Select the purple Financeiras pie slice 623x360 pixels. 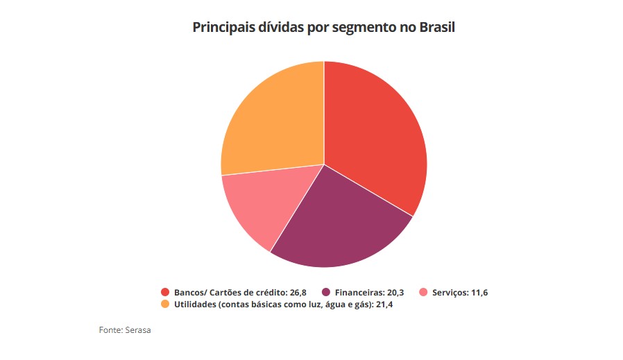(340, 222)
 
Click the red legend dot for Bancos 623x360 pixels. (165, 292)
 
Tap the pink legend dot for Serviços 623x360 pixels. (425, 292)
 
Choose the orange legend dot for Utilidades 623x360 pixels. (165, 305)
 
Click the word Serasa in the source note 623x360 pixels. (138, 330)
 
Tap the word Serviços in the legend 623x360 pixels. (449, 292)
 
